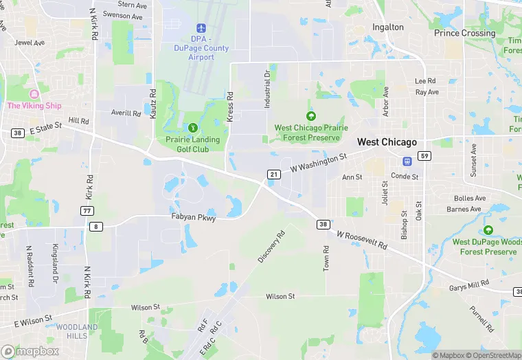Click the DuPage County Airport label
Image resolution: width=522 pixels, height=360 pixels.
click(x=201, y=48)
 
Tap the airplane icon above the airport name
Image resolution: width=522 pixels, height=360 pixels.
click(x=201, y=27)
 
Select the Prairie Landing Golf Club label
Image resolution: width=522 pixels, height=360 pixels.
click(x=192, y=144)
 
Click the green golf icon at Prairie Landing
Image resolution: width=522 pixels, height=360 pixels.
click(x=193, y=127)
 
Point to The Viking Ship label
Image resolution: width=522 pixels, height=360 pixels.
click(x=34, y=106)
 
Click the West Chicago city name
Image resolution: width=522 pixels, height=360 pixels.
click(x=387, y=142)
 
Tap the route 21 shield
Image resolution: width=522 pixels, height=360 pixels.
click(x=274, y=175)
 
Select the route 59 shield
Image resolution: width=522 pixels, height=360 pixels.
click(x=425, y=155)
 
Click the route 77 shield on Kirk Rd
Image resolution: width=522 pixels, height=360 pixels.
click(x=87, y=210)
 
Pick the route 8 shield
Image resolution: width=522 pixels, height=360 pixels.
click(x=96, y=226)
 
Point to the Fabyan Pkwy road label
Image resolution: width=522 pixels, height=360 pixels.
click(x=193, y=218)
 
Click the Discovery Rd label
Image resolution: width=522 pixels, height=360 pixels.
click(x=271, y=246)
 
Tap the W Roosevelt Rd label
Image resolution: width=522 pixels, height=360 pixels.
click(x=362, y=240)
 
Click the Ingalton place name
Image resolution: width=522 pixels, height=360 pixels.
click(x=388, y=27)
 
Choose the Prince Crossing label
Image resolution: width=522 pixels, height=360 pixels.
click(x=464, y=33)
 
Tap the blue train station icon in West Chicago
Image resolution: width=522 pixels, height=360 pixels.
click(x=407, y=161)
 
